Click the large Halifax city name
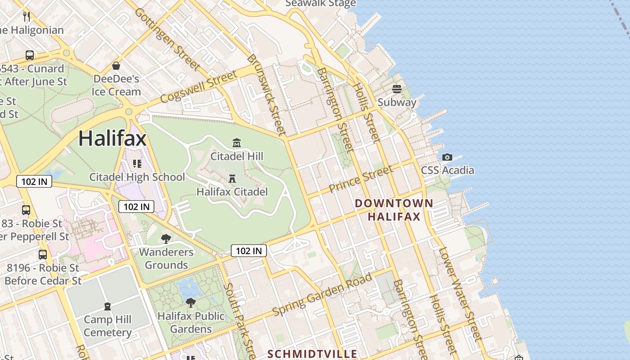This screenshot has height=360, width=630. click(112, 138)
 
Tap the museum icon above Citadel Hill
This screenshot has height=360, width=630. click(237, 143)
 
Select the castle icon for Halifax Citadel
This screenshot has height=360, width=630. click(232, 179)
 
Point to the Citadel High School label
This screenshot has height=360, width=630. click(137, 177)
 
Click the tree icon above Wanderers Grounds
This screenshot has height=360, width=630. click(166, 238)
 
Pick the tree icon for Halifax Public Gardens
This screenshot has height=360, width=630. click(191, 303)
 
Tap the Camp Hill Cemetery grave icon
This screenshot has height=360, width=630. click(108, 306)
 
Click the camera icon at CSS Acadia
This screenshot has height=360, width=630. click(447, 157)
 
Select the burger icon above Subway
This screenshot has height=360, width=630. click(396, 89)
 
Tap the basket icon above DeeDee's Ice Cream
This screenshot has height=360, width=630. click(116, 66)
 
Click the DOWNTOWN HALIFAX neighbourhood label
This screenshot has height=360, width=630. click(394, 210)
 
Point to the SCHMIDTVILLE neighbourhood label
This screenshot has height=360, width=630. click(312, 354)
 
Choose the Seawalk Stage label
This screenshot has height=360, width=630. click(320, 4)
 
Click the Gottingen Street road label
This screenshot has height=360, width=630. click(167, 39)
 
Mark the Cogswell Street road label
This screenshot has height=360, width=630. click(198, 86)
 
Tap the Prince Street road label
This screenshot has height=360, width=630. click(361, 179)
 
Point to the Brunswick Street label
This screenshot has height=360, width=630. click(266, 95)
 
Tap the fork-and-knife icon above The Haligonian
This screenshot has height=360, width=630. click(27, 17)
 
